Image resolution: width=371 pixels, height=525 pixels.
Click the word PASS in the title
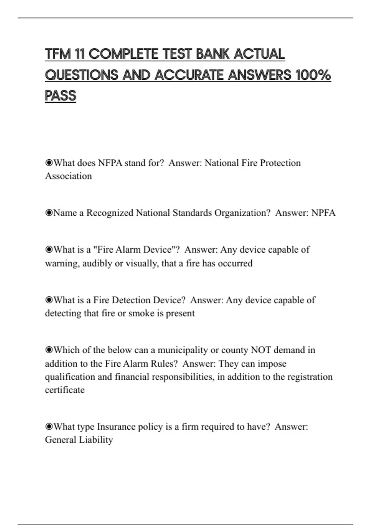61,95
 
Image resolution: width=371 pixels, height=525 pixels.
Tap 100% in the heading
313,75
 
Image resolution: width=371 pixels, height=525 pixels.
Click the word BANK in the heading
213,54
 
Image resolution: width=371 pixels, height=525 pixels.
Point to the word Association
68,176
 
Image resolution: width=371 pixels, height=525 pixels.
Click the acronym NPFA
323,213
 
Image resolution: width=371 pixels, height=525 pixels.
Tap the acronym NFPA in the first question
110,163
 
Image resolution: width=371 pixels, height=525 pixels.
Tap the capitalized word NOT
261,350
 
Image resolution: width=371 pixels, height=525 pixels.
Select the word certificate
65,390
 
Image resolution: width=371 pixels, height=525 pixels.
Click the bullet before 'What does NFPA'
49,163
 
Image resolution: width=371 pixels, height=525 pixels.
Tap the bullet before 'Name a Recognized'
49,213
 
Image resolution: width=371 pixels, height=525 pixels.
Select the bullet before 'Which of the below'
49,350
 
